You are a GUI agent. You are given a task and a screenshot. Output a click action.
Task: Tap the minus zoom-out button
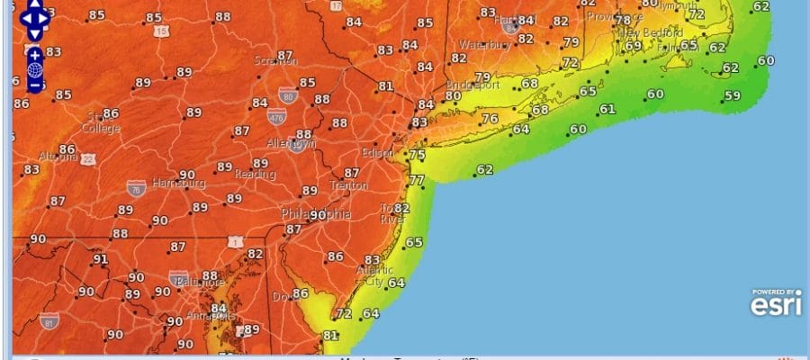click(x=35, y=85)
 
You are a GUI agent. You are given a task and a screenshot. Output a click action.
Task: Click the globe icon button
click(x=35, y=69)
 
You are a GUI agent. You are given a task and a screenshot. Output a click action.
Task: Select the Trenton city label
click(x=348, y=185)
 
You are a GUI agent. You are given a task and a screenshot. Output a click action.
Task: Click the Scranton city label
click(x=275, y=61)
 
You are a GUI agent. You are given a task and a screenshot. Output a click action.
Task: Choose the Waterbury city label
click(x=485, y=45)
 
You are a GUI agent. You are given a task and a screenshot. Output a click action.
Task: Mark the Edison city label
click(x=378, y=153)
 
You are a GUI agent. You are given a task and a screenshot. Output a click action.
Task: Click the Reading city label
click(x=255, y=174)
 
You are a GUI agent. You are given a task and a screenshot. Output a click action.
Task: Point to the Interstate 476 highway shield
click(x=277, y=116)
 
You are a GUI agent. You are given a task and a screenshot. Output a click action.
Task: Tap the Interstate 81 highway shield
click(x=49, y=321)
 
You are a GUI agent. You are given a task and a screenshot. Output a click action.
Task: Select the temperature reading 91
click(x=101, y=259)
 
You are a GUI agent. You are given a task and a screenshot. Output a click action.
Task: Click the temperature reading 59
click(x=733, y=95)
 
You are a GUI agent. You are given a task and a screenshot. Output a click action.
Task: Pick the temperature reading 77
click(x=416, y=180)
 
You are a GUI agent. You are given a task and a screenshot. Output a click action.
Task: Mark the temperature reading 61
click(x=607, y=109)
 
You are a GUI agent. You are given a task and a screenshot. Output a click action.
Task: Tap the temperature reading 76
click(x=490, y=119)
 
